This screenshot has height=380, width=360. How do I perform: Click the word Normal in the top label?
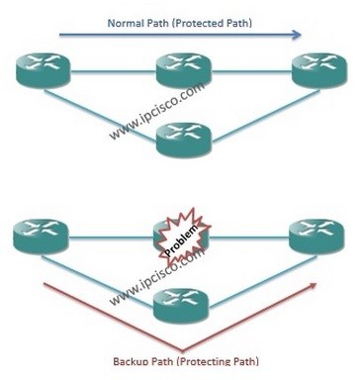coord(128,20)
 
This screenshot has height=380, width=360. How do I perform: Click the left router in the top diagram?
coord(41,70)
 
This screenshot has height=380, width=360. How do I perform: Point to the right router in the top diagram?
coord(316,70)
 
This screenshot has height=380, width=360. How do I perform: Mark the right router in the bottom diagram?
coord(316,237)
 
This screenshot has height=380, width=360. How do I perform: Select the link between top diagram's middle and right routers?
coord(249,70)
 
